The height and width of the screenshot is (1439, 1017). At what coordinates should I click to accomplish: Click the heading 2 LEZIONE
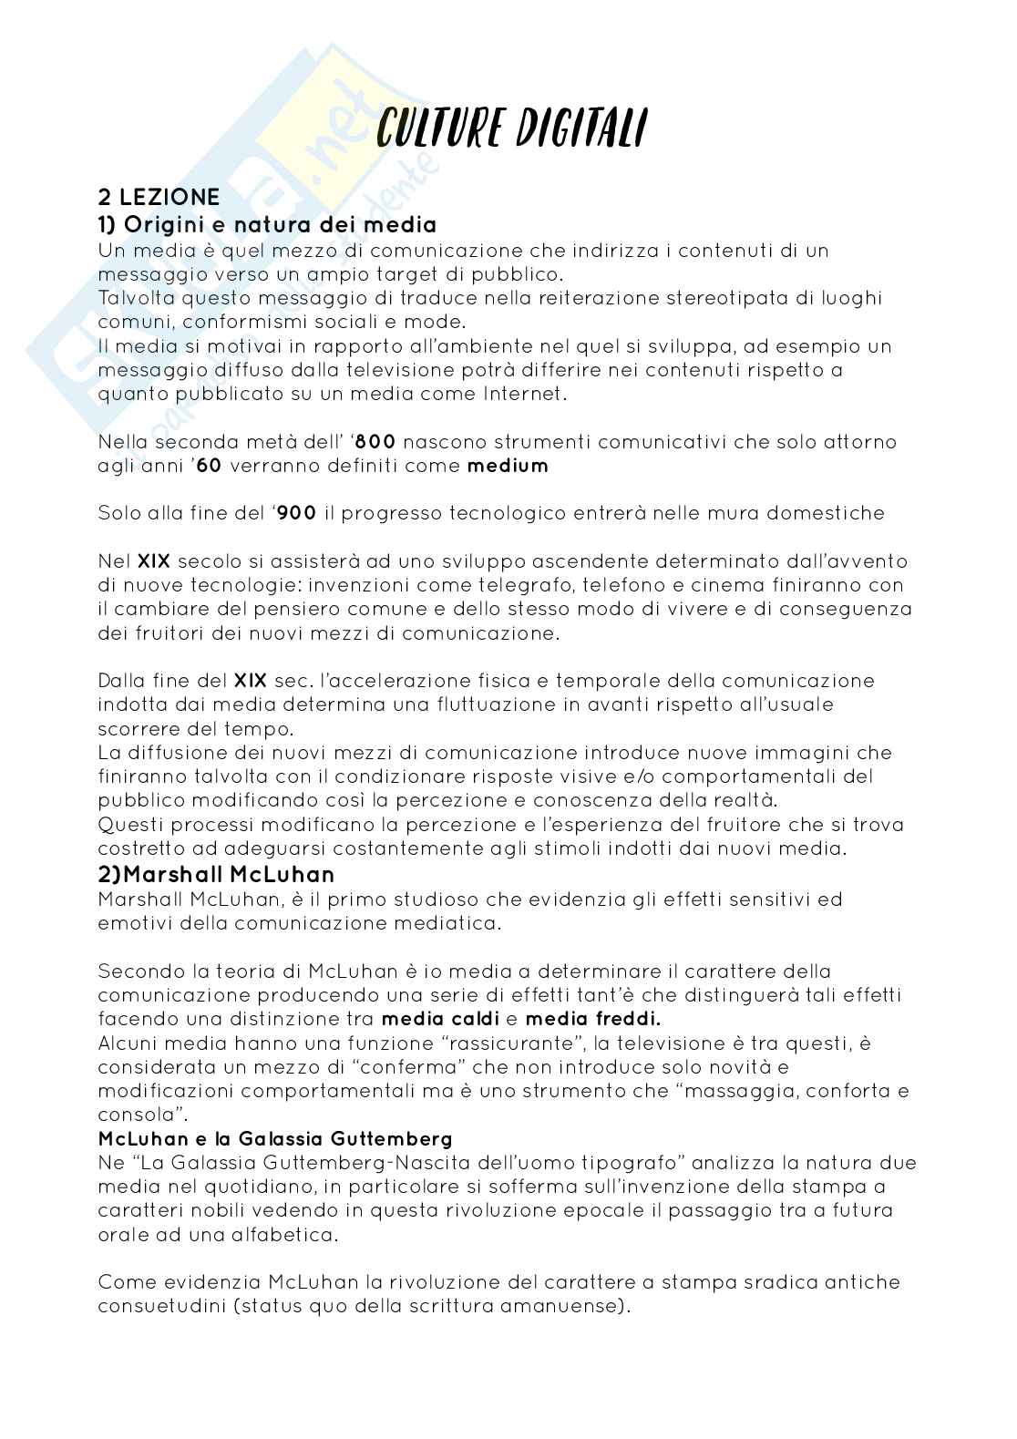159,197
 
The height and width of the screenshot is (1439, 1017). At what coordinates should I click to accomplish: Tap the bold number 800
375,442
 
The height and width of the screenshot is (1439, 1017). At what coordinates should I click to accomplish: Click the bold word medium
508,466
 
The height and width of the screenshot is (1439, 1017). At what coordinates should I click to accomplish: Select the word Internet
524,394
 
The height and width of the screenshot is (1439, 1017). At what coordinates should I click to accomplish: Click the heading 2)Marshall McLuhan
216,875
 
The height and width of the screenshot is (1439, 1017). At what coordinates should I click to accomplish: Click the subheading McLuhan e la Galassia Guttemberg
275,1139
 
